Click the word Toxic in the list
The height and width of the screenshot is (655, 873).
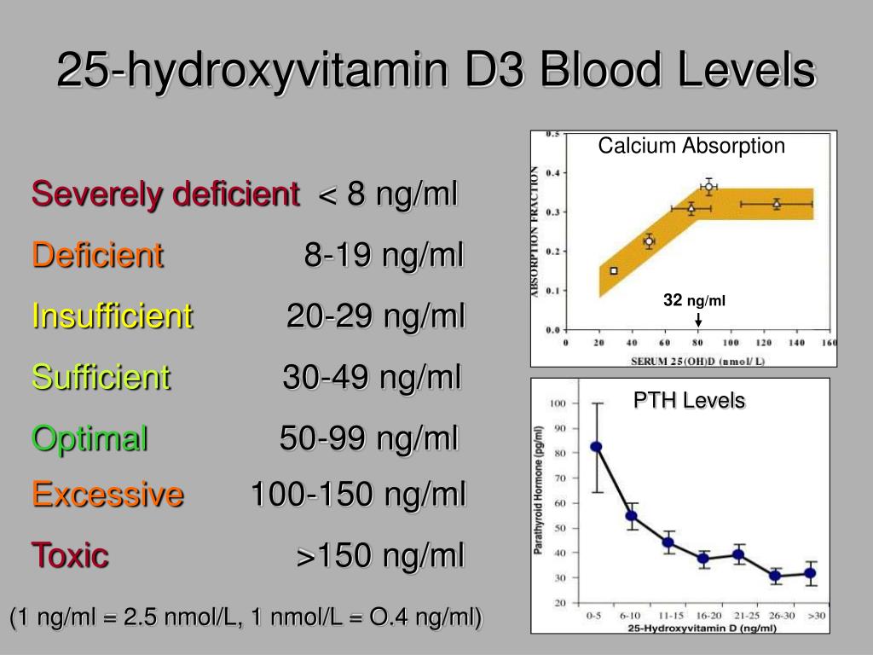pyautogui.click(x=71, y=555)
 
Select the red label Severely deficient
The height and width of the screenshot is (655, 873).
pyautogui.click(x=165, y=194)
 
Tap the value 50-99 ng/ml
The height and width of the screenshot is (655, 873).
pyautogui.click(x=369, y=438)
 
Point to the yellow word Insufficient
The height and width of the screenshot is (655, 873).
pyautogui.click(x=113, y=316)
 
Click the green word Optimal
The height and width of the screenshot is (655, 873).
pyautogui.click(x=90, y=438)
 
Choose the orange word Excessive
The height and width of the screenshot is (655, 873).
pyautogui.click(x=107, y=493)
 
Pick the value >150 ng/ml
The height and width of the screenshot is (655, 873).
pyautogui.click(x=380, y=556)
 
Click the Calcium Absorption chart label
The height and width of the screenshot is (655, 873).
pyautogui.click(x=691, y=146)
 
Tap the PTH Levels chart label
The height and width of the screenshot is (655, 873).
pyautogui.click(x=690, y=400)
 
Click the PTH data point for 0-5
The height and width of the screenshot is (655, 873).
pyautogui.click(x=596, y=447)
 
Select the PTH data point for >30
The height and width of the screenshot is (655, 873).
pyautogui.click(x=811, y=573)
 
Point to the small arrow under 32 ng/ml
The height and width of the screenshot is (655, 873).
pyautogui.click(x=698, y=320)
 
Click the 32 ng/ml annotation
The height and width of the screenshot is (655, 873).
pyautogui.click(x=695, y=300)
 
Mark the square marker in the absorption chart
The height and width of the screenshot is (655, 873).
pyautogui.click(x=614, y=271)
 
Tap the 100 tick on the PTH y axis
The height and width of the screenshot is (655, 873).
pyautogui.click(x=559, y=403)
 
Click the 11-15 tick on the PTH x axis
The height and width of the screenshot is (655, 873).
pyautogui.click(x=668, y=616)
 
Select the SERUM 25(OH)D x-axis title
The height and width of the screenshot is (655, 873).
pyautogui.click(x=698, y=361)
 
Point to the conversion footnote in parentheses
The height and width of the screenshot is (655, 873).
pyautogui.click(x=246, y=617)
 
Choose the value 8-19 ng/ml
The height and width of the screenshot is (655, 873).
pyautogui.click(x=384, y=255)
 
